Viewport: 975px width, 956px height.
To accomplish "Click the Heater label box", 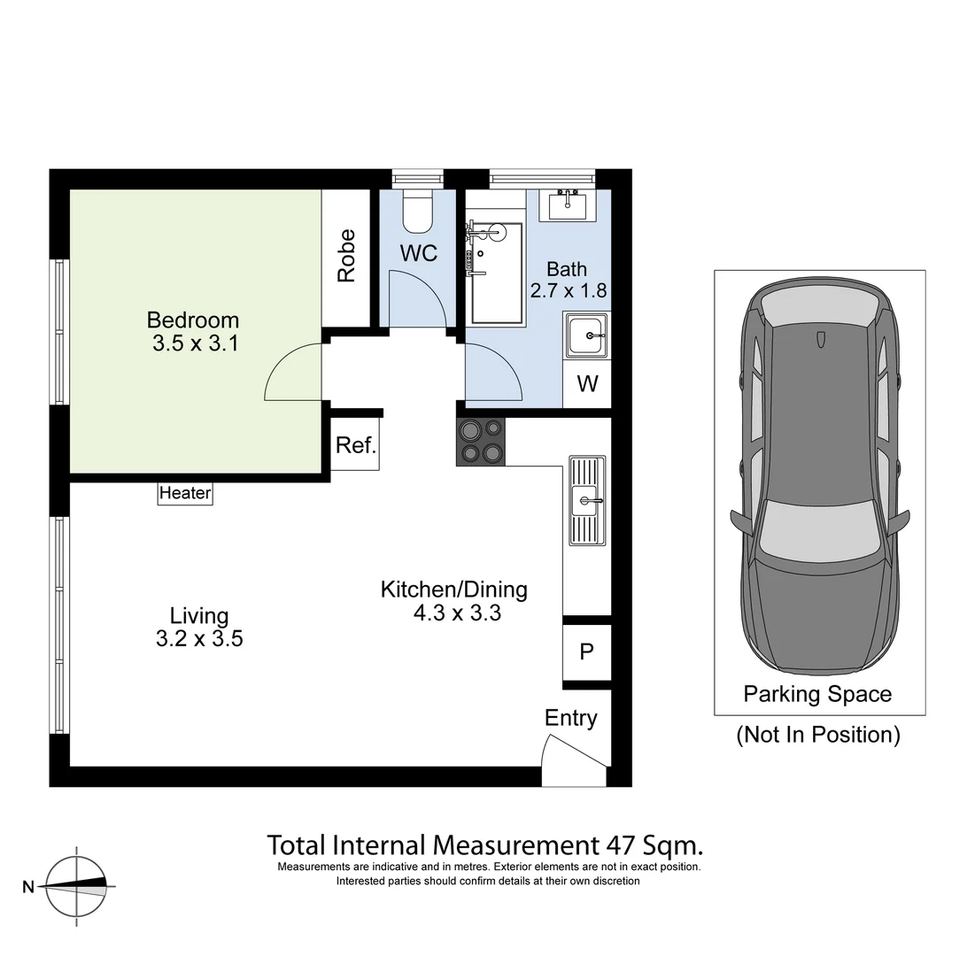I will [185, 493].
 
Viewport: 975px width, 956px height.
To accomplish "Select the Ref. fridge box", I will [356, 445].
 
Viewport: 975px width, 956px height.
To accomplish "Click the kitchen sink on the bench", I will [586, 502].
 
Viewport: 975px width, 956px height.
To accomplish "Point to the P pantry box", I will [586, 651].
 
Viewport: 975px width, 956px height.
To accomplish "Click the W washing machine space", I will [587, 384].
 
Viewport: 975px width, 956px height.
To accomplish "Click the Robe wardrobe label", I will [346, 256].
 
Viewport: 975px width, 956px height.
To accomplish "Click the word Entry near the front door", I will [570, 718].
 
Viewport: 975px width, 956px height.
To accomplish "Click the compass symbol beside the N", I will [78, 885].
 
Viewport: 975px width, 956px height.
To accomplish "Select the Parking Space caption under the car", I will [817, 694].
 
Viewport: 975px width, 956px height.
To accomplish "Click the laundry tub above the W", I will [586, 336].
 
